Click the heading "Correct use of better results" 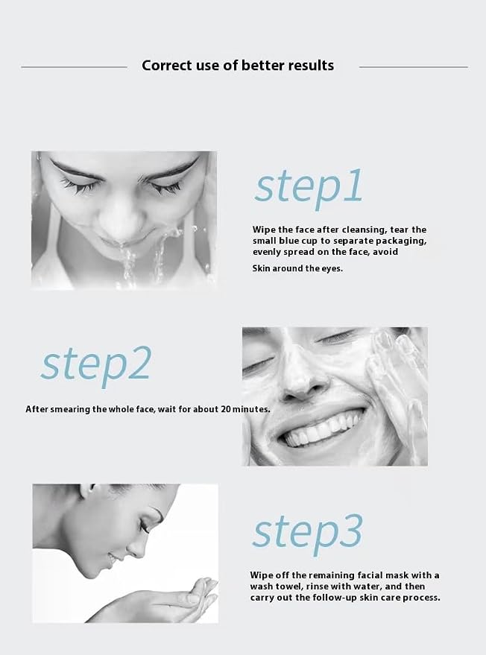pos(238,66)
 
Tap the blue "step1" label pos(309,188)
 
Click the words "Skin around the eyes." pos(297,268)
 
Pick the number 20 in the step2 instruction pos(226,409)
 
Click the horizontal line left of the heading pos(74,67)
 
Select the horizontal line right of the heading pos(413,67)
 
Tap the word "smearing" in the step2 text pos(70,409)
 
